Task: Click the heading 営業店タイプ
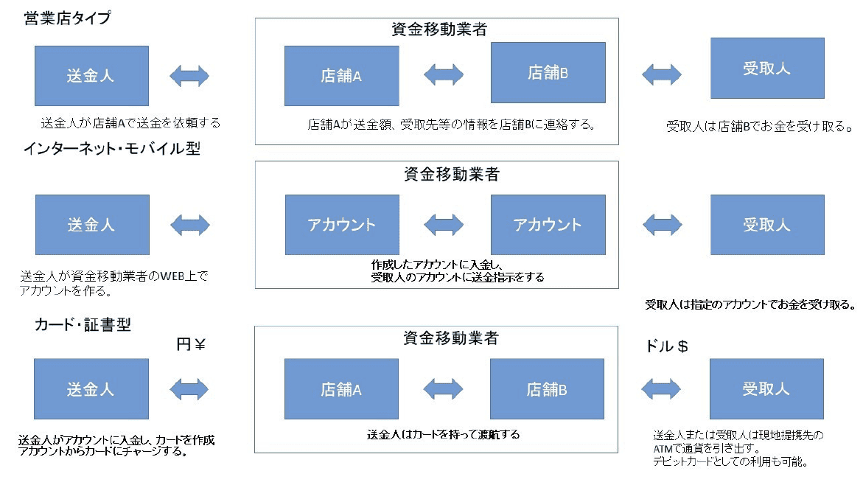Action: (67, 19)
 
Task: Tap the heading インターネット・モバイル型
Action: (111, 149)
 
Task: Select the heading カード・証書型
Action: (83, 324)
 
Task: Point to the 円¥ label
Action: (189, 344)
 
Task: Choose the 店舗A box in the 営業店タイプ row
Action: (341, 76)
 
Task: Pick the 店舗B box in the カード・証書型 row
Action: (547, 389)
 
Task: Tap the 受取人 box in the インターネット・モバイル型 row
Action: (766, 225)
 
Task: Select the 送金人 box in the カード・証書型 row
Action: (91, 389)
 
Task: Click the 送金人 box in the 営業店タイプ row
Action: (91, 75)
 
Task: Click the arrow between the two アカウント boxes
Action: (444, 224)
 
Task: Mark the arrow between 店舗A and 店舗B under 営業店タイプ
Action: (444, 74)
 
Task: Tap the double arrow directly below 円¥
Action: (189, 388)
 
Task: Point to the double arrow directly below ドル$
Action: (661, 388)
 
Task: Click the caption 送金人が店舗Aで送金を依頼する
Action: (130, 122)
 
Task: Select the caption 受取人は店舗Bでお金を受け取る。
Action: (758, 127)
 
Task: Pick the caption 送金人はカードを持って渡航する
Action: (443, 435)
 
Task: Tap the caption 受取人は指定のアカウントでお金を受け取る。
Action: (750, 304)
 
